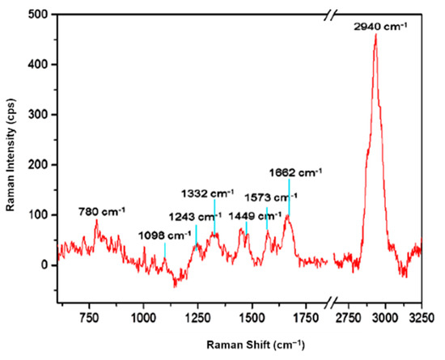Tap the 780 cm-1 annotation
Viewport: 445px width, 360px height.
tap(101, 212)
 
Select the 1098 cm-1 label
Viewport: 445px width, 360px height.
tap(161, 235)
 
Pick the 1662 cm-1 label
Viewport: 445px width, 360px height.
tap(296, 172)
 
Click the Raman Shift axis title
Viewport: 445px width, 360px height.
tap(252, 345)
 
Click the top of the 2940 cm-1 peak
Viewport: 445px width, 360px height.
tap(375, 35)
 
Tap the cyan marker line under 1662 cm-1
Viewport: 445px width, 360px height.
tap(289, 197)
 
